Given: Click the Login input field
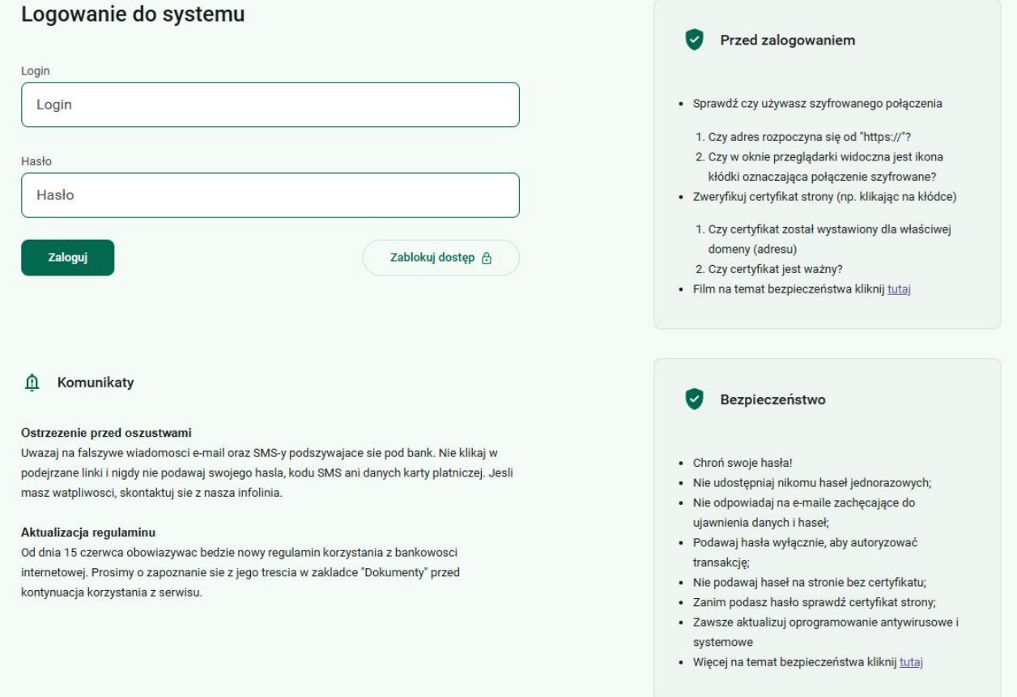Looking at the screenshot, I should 270,105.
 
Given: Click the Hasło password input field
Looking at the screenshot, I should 270,195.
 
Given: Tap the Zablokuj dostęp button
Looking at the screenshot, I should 440,258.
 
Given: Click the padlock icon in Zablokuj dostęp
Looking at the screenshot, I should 487,259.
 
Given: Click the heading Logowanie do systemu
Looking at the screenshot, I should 132,15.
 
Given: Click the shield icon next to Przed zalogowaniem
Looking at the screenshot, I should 693,40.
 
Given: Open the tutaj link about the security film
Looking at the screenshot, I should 900,290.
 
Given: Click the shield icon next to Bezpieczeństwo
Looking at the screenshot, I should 693,399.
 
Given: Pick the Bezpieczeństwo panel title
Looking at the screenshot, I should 772,399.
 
